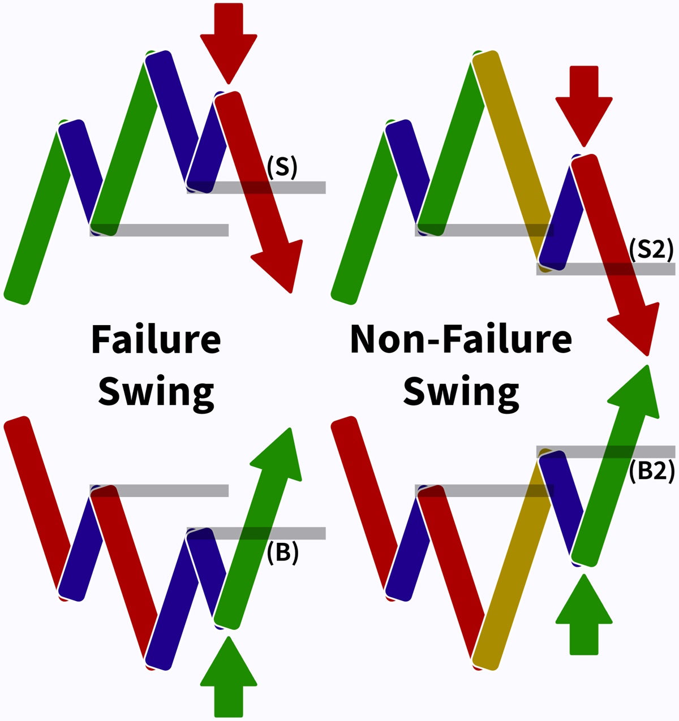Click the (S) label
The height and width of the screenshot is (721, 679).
pyautogui.click(x=282, y=167)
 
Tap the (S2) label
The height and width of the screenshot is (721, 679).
pyautogui.click(x=652, y=248)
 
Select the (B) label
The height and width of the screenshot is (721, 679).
pyautogui.click(x=282, y=552)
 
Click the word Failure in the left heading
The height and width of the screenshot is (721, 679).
pyautogui.click(x=156, y=339)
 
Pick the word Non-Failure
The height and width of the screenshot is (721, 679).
pyautogui.click(x=461, y=339)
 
